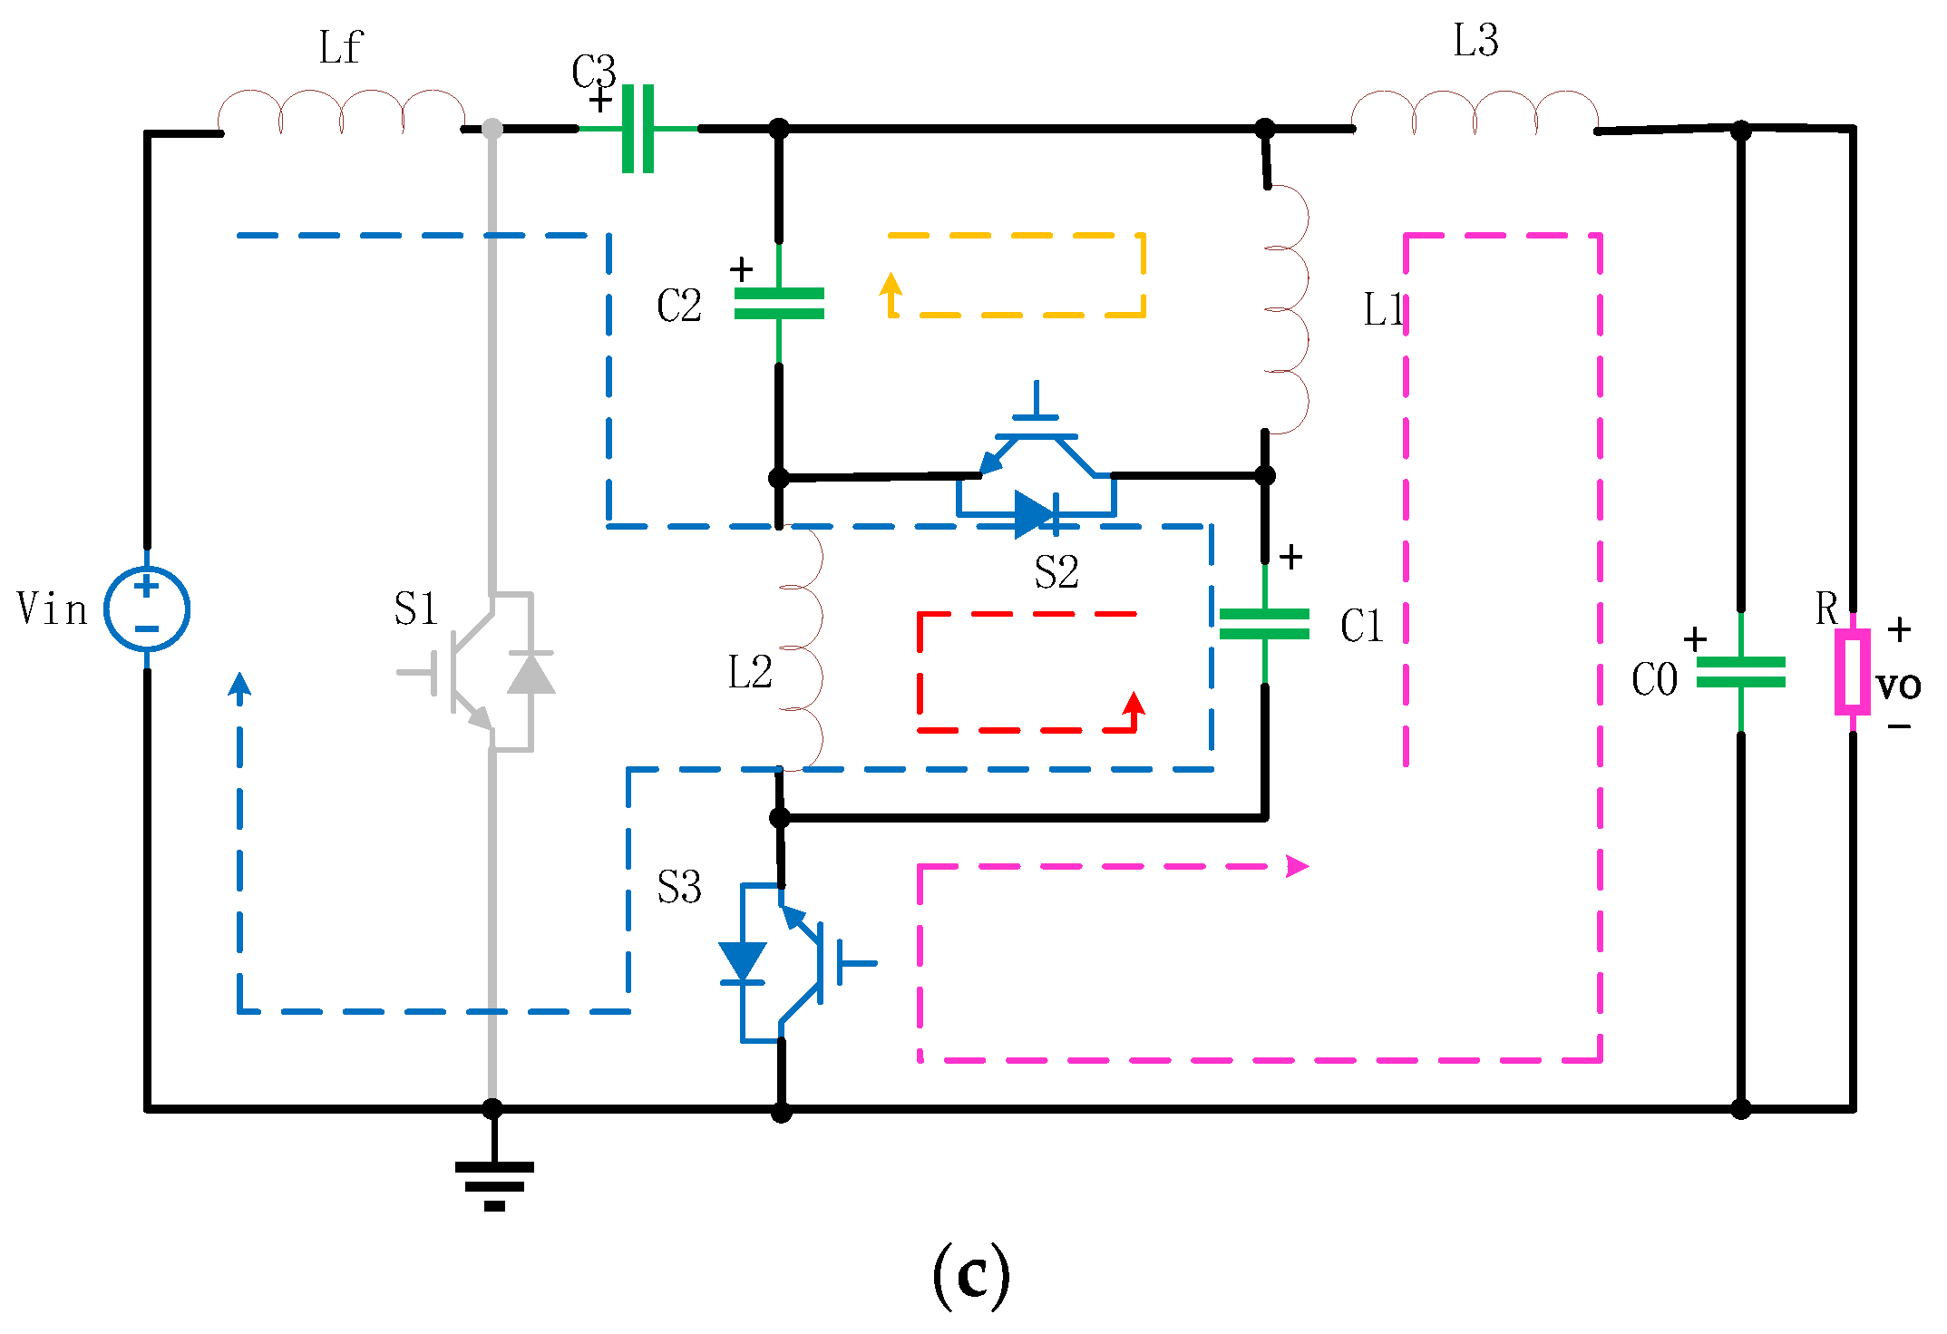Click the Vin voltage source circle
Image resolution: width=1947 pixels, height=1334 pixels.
(x=146, y=609)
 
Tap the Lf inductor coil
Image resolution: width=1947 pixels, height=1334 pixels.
(x=341, y=112)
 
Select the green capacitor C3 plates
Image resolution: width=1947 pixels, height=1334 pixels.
(x=638, y=129)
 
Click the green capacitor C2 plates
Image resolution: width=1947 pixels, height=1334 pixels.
(x=779, y=304)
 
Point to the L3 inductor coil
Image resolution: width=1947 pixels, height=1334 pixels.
(x=1475, y=112)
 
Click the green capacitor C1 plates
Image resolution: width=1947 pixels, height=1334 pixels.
(x=1264, y=624)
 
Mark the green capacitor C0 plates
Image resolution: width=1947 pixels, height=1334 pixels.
(x=1740, y=672)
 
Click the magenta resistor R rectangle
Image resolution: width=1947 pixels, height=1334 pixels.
(x=1852, y=672)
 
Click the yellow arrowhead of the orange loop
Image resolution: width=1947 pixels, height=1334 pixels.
(x=891, y=284)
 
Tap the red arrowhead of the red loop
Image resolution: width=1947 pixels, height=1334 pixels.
(x=1134, y=704)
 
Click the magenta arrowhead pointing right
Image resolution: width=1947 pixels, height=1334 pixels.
(x=1298, y=866)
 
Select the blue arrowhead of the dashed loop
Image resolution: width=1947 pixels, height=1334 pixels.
(x=239, y=685)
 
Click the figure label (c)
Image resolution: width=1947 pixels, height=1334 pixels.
(x=970, y=1274)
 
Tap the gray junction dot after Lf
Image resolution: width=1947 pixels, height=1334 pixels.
(x=492, y=129)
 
